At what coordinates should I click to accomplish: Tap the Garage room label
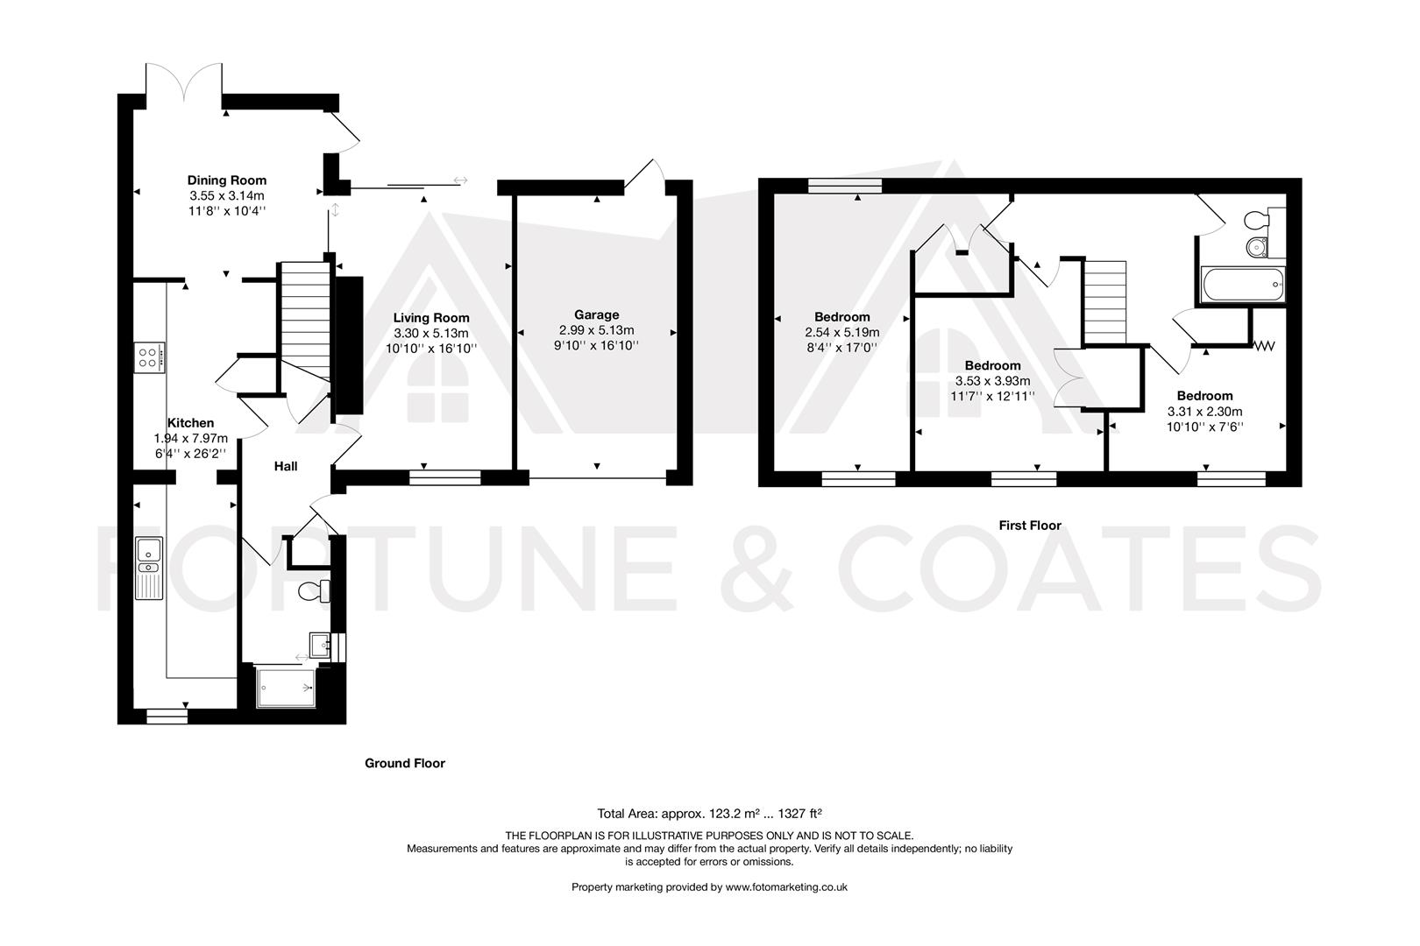coord(596,314)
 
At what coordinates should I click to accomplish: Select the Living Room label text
coord(430,318)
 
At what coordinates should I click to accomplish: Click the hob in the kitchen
coord(148,357)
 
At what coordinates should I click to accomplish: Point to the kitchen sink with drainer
coord(149,568)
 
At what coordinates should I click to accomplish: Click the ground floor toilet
coord(312,591)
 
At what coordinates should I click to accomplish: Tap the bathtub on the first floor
coord(1243,284)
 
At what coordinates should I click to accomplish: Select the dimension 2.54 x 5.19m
coord(841,333)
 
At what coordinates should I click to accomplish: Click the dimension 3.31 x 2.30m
coord(1204,412)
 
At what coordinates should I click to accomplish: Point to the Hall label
coord(286,466)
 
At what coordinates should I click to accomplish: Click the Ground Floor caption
coord(404,763)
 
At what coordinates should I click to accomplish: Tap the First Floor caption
coord(1029,526)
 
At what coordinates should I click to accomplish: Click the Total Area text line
coord(708,813)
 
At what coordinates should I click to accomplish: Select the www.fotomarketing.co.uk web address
coord(786,886)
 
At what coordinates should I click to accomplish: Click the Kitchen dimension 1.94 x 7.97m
coord(190,439)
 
